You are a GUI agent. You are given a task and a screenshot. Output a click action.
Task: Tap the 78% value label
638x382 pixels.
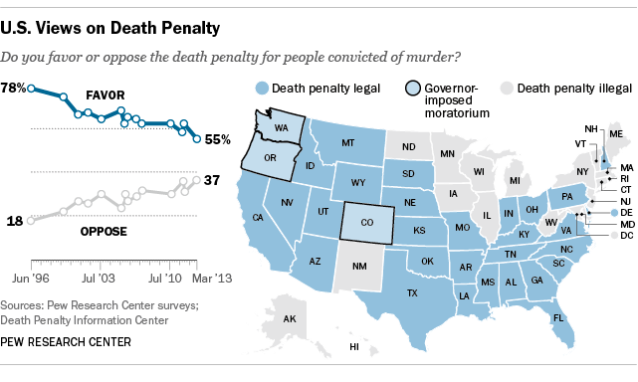(13, 88)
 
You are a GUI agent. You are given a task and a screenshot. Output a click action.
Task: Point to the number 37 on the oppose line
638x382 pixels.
(211, 180)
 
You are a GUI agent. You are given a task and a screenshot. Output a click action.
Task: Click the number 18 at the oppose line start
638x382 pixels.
(15, 220)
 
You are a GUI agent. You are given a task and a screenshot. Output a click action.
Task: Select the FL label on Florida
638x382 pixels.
(558, 317)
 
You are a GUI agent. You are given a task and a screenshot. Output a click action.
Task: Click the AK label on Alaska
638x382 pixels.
(290, 319)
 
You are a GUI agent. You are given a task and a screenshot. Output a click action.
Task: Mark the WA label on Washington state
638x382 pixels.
(282, 127)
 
